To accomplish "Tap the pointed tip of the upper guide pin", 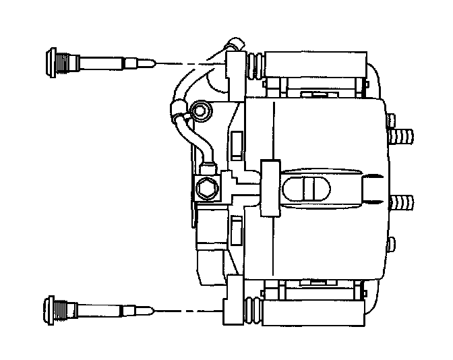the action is [x=154, y=63].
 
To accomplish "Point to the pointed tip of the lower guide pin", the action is [x=154, y=309].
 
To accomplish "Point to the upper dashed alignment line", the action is [x=192, y=63].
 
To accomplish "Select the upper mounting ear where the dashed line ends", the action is [x=234, y=67].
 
